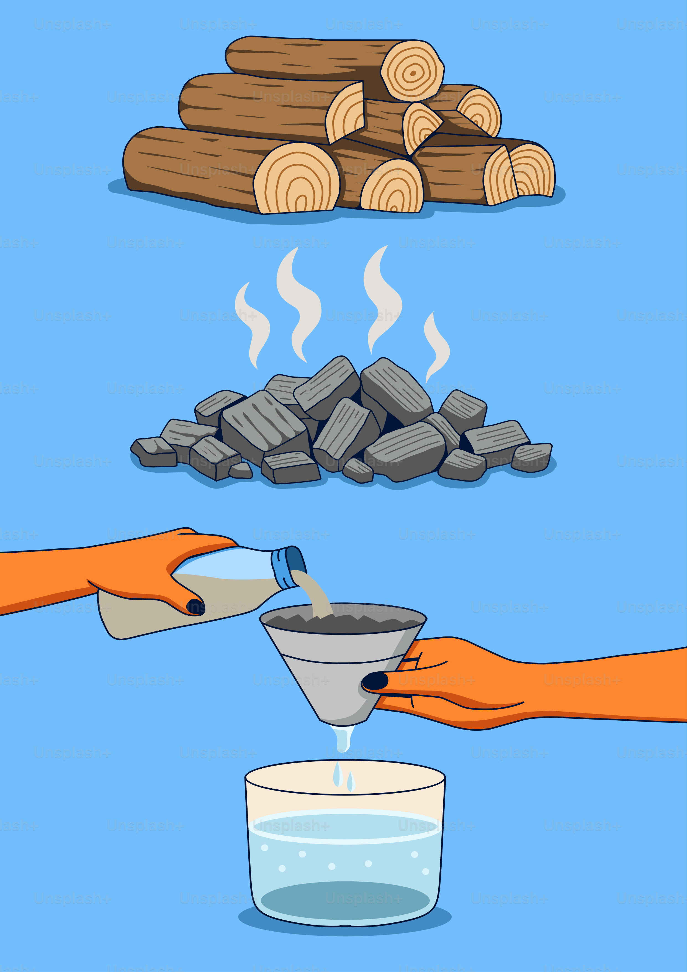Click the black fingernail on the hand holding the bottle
click(x=195, y=607)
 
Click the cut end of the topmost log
click(x=413, y=71)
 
